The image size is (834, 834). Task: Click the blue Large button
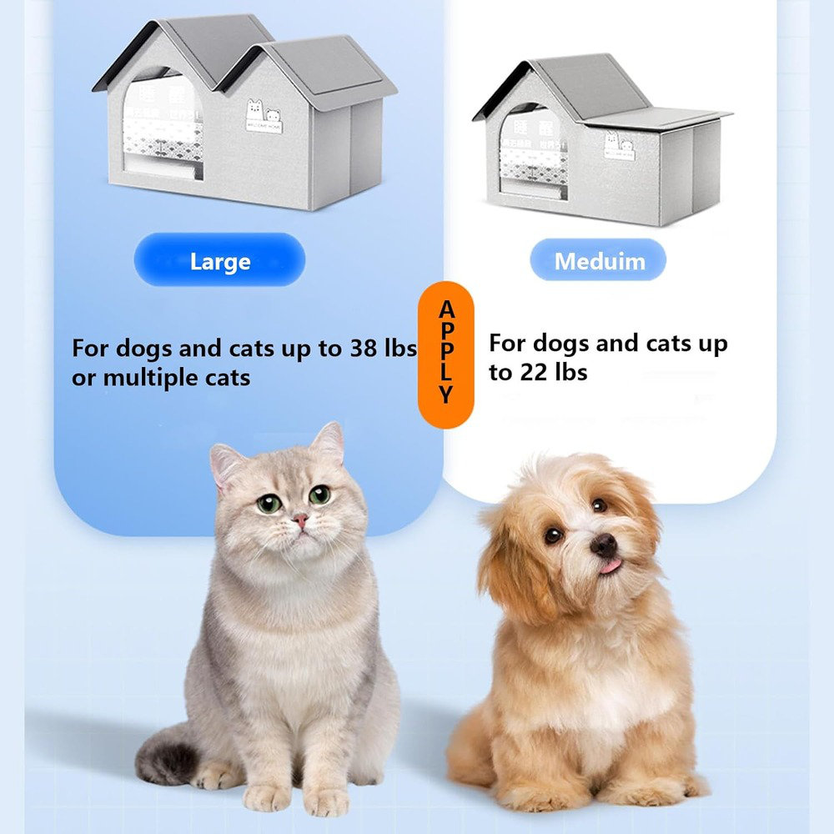point(219,261)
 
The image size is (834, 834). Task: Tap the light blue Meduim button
point(599,261)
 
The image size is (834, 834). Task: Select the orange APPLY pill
point(445,354)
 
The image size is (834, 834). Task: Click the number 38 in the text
point(359,348)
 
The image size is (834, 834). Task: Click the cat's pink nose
point(299,520)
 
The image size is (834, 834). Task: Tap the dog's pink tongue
point(611,566)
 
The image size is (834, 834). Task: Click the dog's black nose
point(604,545)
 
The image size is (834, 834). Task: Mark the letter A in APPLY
point(447,310)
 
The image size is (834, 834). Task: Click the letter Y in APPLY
point(447,394)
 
